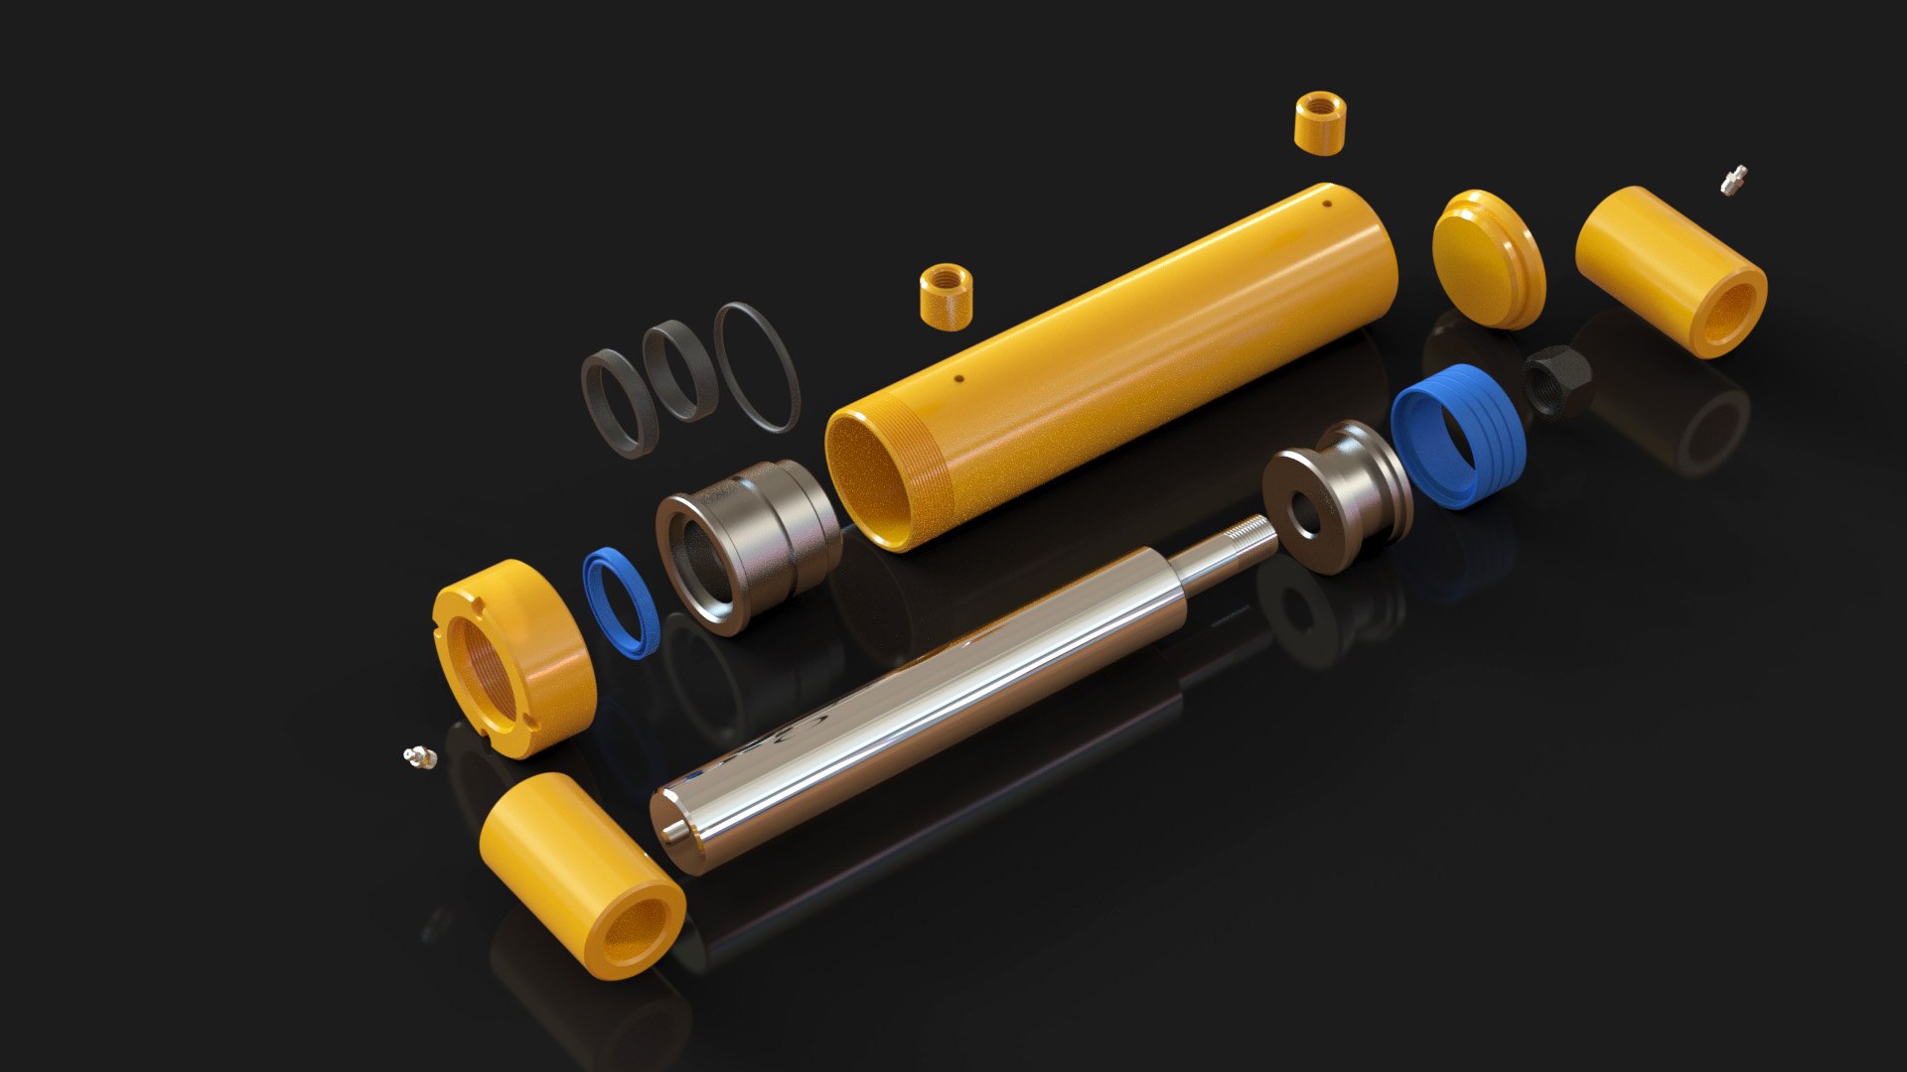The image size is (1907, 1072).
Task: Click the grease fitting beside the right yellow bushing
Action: tap(1733, 180)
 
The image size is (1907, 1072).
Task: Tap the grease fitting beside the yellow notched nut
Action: tap(419, 757)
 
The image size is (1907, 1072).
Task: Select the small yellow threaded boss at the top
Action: tap(1320, 123)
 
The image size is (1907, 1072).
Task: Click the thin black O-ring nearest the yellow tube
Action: tap(757, 366)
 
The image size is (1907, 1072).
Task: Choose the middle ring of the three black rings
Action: tap(680, 371)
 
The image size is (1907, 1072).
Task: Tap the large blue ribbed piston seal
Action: tap(1457, 436)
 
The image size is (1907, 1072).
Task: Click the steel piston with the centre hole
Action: tap(1337, 495)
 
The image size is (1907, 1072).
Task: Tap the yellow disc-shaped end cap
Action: tap(1487, 258)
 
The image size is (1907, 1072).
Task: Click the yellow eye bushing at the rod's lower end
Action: tap(581, 874)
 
